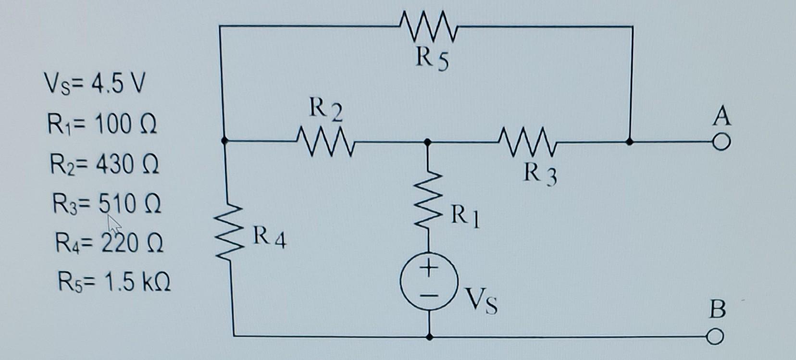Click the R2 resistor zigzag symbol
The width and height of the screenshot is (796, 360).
[326, 141]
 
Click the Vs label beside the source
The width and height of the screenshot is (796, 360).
[482, 302]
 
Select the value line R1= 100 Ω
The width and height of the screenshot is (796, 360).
[102, 124]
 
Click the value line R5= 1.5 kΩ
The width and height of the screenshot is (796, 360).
[114, 282]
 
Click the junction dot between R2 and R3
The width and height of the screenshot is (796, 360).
[427, 142]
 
